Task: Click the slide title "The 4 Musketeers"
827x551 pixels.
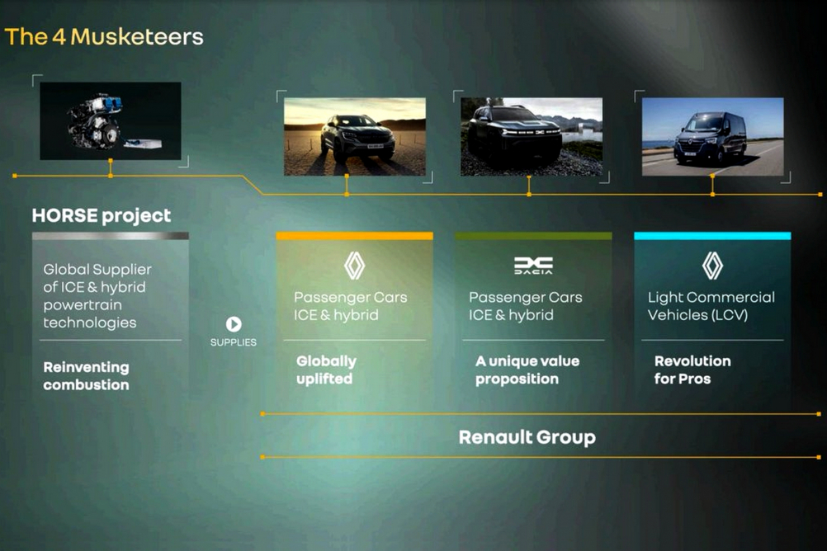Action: tap(104, 37)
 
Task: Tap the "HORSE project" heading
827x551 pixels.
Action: tap(102, 215)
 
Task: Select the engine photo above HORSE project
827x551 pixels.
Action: tap(111, 120)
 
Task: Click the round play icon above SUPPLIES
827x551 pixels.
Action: tap(234, 323)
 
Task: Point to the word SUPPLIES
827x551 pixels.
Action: tap(233, 342)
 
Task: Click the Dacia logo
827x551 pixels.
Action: tap(533, 266)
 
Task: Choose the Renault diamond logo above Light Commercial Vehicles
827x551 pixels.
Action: tap(712, 266)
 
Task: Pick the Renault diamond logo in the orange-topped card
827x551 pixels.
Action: tap(354, 266)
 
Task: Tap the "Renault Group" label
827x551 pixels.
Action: tap(527, 437)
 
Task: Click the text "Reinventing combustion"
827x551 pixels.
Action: tap(86, 376)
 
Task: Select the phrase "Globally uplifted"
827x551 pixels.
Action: tap(326, 370)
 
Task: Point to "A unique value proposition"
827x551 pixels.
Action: tap(527, 370)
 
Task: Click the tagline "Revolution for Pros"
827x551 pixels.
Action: tap(692, 370)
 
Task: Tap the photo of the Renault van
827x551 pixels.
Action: tap(712, 137)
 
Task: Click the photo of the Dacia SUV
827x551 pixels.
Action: tap(532, 137)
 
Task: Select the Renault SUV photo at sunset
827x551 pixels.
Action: tap(354, 137)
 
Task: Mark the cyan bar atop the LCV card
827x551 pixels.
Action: tap(712, 236)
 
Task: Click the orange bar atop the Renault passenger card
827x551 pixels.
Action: tap(354, 236)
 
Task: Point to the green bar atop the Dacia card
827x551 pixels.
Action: tap(533, 236)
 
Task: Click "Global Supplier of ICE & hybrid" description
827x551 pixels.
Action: tap(97, 296)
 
